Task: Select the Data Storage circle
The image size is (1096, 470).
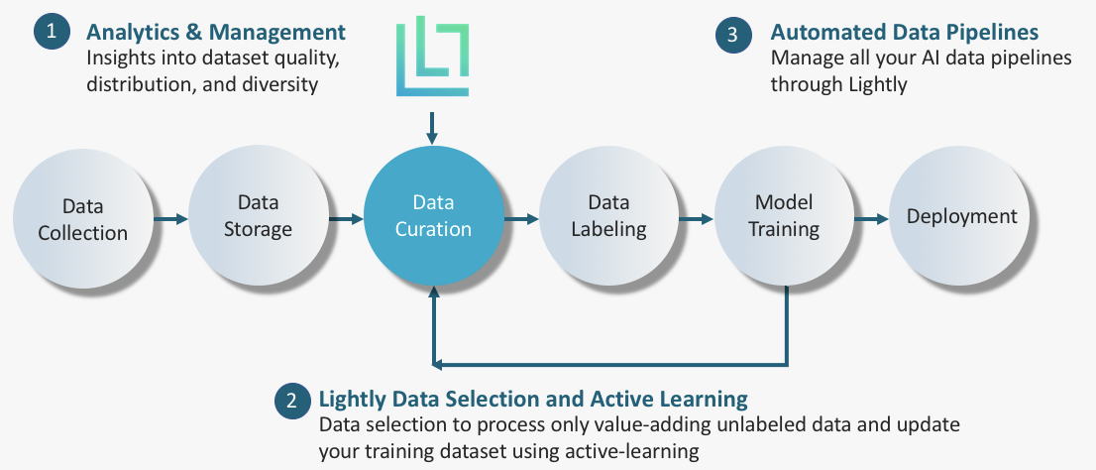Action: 258,216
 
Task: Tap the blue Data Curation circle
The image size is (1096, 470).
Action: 433,216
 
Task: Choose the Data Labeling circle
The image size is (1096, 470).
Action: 608,216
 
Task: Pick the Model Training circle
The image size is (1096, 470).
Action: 784,216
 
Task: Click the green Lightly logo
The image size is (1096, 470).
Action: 432,57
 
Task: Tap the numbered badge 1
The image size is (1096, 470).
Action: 52,32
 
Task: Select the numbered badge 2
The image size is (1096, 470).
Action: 291,401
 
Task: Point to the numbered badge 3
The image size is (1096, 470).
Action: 732,34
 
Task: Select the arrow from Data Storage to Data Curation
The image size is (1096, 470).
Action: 346,218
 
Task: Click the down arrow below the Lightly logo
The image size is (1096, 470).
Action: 432,126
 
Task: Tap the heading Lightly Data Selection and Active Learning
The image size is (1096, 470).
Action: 532,400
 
